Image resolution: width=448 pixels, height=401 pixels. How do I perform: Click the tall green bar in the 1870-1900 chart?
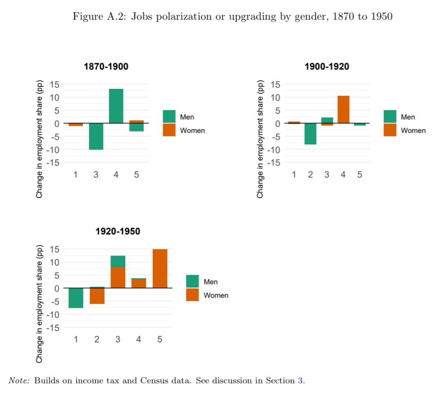tap(116, 106)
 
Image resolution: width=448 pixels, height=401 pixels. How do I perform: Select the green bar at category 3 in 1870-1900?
tap(96, 136)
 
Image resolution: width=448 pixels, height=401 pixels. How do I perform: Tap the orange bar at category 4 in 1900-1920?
tap(343, 109)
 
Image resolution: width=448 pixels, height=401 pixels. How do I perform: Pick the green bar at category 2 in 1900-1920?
tap(310, 134)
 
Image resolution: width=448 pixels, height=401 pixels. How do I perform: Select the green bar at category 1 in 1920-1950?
tap(76, 298)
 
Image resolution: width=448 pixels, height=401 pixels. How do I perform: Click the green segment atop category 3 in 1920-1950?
tap(118, 261)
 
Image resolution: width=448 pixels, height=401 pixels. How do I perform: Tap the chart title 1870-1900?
tap(106, 66)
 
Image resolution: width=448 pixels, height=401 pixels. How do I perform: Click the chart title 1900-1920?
tap(327, 66)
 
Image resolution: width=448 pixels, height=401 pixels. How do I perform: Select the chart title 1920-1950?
tap(118, 231)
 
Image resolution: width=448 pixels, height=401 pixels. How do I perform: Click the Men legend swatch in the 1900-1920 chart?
tap(390, 117)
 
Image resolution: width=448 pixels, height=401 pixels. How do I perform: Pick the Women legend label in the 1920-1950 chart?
tap(216, 295)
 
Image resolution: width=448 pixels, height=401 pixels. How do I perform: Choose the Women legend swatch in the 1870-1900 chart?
tap(169, 130)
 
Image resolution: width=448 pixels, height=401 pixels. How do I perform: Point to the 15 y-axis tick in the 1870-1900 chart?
tap(55, 84)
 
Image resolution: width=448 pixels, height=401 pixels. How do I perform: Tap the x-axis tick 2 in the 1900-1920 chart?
tap(310, 175)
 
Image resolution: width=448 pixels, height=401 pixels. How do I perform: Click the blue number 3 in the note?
tap(301, 381)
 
